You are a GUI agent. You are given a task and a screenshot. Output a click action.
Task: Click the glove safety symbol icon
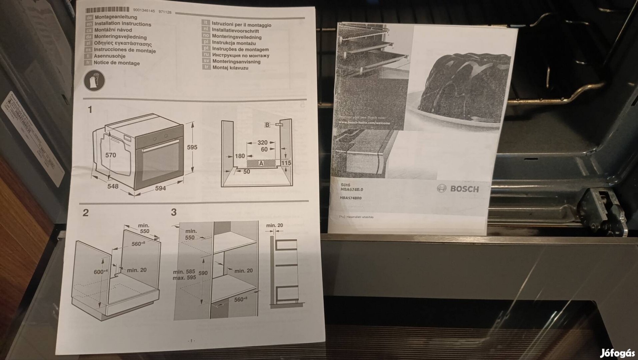pos(94,80)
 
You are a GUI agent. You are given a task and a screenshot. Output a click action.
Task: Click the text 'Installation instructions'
pos(122,24)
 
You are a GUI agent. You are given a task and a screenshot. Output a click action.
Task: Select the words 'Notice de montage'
pos(116,63)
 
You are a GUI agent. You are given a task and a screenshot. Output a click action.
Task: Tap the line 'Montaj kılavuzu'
pos(230,68)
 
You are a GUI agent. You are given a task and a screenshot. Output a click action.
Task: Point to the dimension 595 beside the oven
pos(192,147)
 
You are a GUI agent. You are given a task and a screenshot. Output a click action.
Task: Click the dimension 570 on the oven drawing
pos(110,155)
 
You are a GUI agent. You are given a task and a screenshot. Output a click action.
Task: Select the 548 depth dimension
pos(113,186)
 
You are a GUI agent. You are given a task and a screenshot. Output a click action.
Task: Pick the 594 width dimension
pos(160,188)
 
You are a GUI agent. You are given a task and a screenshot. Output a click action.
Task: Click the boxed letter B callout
pos(267,125)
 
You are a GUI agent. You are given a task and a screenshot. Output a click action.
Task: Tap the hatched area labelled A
pos(261,163)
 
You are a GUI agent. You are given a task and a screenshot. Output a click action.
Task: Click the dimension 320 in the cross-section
pos(262,142)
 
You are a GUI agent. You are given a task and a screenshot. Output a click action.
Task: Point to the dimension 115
pos(286,163)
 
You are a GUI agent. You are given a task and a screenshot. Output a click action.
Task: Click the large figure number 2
pos(86,213)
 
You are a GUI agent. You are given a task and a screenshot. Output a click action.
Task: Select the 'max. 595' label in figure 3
pos(184,278)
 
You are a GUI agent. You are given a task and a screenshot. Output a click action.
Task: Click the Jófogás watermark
pos(617,353)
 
